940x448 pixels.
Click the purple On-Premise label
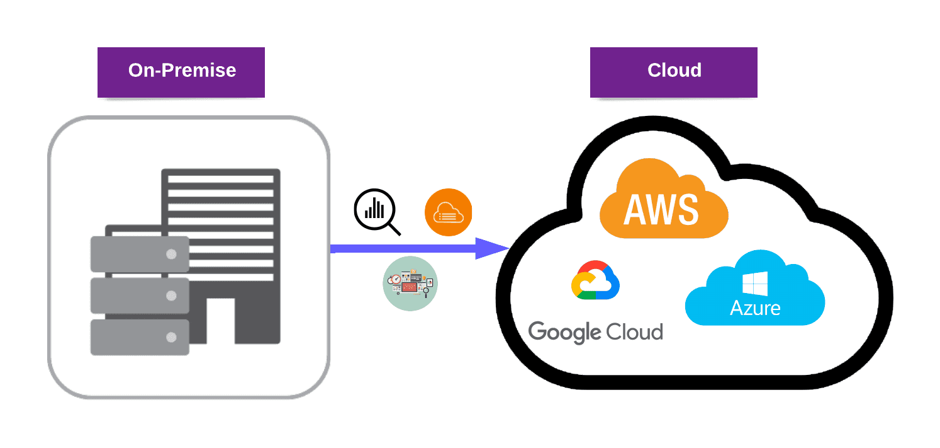(181, 70)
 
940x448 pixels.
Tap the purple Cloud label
(673, 70)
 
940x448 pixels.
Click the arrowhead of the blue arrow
(491, 249)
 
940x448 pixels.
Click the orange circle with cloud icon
(448, 212)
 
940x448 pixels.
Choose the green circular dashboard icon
(410, 284)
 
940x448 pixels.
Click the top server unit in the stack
(140, 254)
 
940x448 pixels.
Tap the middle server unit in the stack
(140, 296)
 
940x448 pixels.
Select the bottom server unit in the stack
(140, 337)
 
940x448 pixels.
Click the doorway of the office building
(220, 321)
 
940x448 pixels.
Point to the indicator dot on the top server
(171, 255)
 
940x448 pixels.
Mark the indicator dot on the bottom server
(171, 338)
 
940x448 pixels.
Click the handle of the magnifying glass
(394, 228)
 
